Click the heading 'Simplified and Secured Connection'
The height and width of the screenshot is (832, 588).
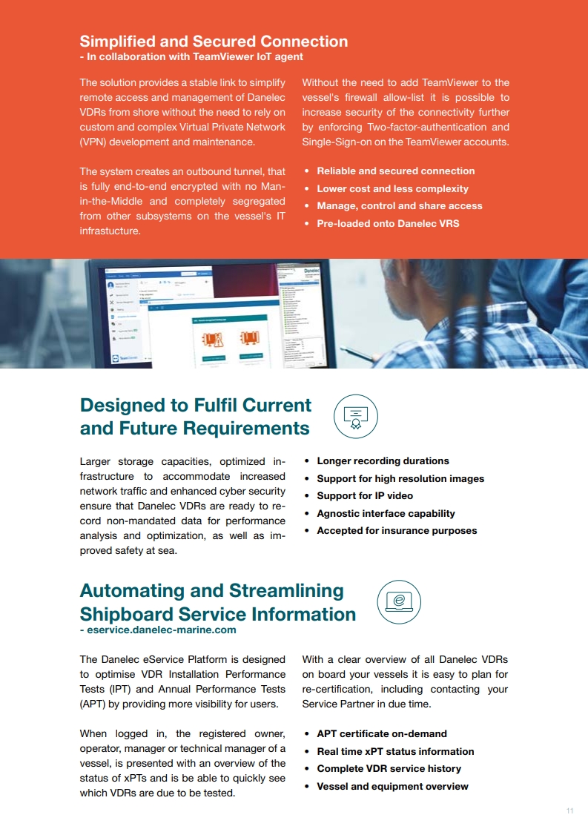pyautogui.click(x=214, y=42)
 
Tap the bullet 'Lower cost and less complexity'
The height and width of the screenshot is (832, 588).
pyautogui.click(x=392, y=188)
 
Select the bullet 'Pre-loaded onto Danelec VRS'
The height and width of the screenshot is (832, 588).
pyautogui.click(x=388, y=223)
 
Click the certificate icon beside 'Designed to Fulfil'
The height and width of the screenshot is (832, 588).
pyautogui.click(x=356, y=416)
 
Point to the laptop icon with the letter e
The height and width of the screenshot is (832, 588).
pyautogui.click(x=399, y=601)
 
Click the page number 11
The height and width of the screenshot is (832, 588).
pyautogui.click(x=569, y=811)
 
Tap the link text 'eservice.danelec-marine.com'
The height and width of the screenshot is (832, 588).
pyautogui.click(x=162, y=630)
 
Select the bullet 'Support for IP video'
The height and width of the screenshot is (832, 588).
pyautogui.click(x=365, y=495)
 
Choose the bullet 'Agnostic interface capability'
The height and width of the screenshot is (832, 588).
pyautogui.click(x=386, y=513)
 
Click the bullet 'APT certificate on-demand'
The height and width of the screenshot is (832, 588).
pyautogui.click(x=382, y=733)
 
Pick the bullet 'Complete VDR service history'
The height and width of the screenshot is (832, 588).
pyautogui.click(x=389, y=768)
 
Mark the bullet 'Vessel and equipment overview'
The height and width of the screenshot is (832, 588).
pyautogui.click(x=392, y=786)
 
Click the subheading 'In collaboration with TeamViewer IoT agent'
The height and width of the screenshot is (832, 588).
pyautogui.click(x=194, y=56)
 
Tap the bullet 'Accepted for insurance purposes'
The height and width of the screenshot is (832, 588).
pyautogui.click(x=397, y=530)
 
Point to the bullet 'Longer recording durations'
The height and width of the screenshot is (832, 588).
pyautogui.click(x=383, y=460)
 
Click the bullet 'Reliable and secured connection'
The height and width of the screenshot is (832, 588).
pyautogui.click(x=395, y=171)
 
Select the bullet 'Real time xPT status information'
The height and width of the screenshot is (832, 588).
pyautogui.click(x=395, y=751)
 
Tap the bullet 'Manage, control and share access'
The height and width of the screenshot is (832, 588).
pyautogui.click(x=399, y=205)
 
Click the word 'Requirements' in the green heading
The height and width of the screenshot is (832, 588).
pyautogui.click(x=246, y=429)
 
